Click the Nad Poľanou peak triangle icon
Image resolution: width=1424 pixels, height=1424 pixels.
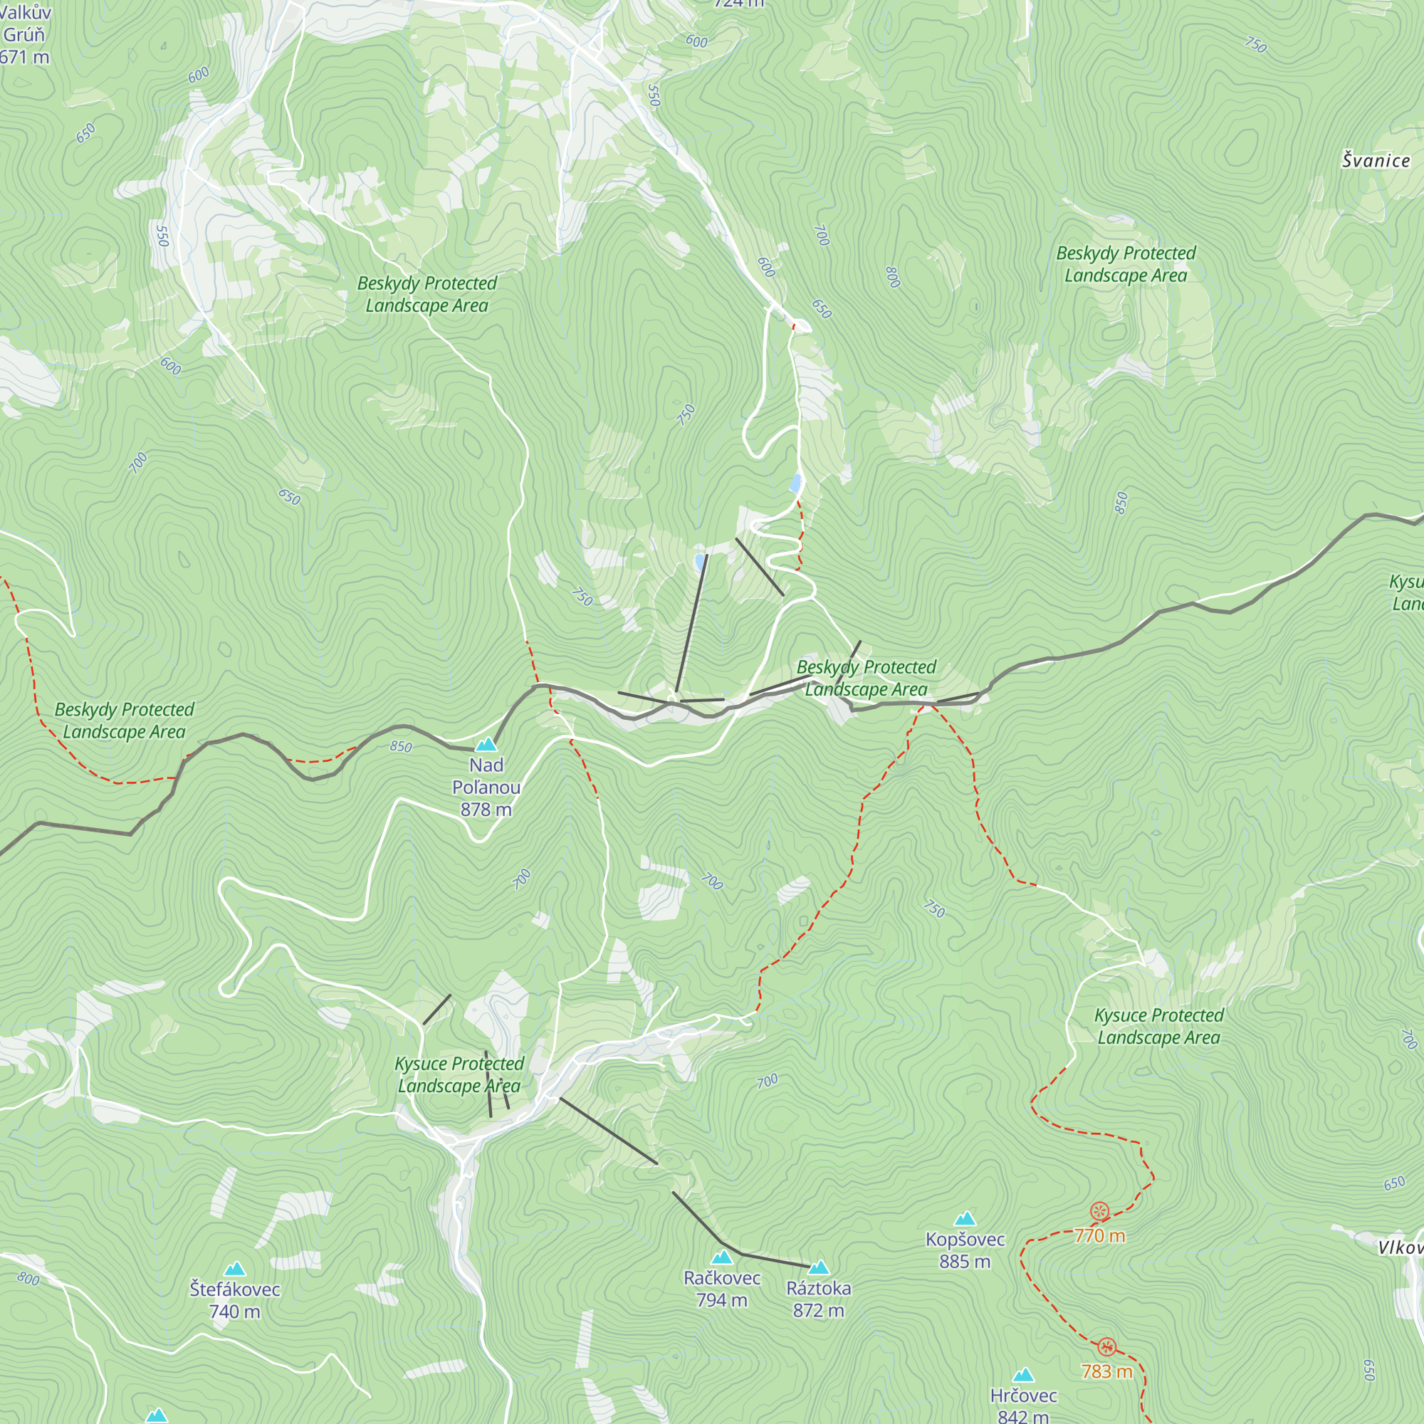pyautogui.click(x=486, y=745)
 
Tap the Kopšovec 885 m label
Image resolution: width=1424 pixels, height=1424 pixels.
pyautogui.click(x=965, y=1250)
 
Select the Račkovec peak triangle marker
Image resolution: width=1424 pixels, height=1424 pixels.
pyautogui.click(x=721, y=1257)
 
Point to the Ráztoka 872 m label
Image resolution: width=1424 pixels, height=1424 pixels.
pyautogui.click(x=818, y=1299)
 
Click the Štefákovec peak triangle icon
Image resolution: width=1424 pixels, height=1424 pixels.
pyautogui.click(x=234, y=1269)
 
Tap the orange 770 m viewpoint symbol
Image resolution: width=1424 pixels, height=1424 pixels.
pyautogui.click(x=1099, y=1211)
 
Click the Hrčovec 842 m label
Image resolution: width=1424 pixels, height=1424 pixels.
pyautogui.click(x=1023, y=1405)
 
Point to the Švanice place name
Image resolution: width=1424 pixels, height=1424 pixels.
pyautogui.click(x=1376, y=161)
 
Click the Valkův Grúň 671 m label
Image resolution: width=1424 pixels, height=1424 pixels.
pyautogui.click(x=24, y=35)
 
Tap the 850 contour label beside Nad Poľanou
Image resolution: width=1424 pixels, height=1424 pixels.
pyautogui.click(x=401, y=747)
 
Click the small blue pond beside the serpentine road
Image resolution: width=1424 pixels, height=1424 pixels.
pyautogui.click(x=795, y=483)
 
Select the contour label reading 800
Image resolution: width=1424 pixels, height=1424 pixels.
pyautogui.click(x=893, y=277)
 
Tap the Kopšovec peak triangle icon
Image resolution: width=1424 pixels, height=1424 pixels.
pyautogui.click(x=965, y=1219)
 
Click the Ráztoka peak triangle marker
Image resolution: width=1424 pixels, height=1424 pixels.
pyautogui.click(x=819, y=1268)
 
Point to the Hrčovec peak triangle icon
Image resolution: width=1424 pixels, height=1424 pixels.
pyautogui.click(x=1023, y=1376)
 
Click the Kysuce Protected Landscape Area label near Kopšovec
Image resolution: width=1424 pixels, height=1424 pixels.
pyautogui.click(x=1158, y=1026)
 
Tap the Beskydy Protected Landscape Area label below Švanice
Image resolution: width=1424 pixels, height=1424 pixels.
pyautogui.click(x=1126, y=264)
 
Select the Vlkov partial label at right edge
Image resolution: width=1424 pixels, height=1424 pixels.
pyautogui.click(x=1401, y=1247)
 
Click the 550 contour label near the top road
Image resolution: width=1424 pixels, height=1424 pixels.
pyautogui.click(x=653, y=95)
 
